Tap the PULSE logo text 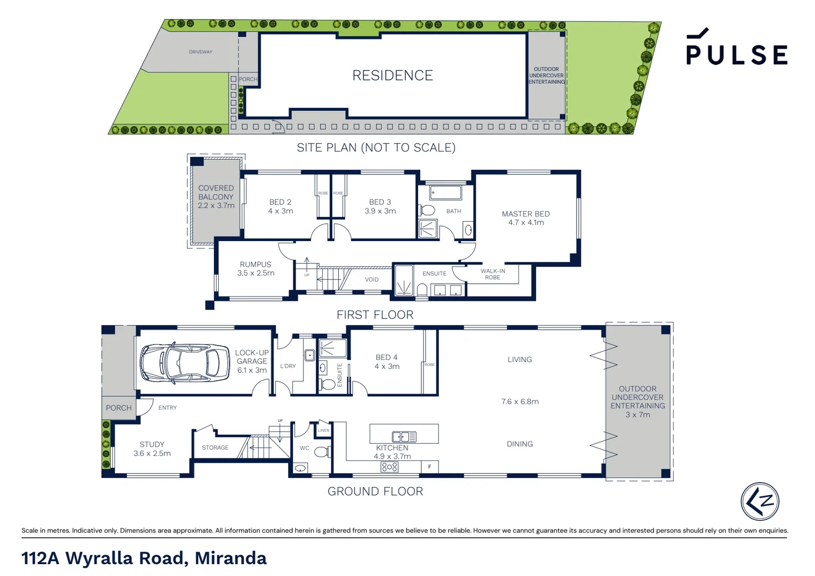[737, 54]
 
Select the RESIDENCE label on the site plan [393, 76]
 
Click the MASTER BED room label [525, 214]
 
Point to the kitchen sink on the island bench [404, 437]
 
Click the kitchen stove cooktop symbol [389, 467]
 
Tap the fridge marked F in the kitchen [429, 467]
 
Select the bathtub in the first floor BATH [445, 193]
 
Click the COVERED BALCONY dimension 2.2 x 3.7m [216, 206]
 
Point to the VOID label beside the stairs [372, 279]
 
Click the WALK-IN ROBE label [492, 274]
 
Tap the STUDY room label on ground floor [152, 444]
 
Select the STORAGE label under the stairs [215, 447]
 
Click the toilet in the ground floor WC [321, 452]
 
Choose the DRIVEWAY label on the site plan [201, 52]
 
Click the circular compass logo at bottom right [760, 501]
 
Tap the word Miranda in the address [230, 558]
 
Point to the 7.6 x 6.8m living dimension [520, 402]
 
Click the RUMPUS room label [255, 265]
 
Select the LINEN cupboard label [324, 430]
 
